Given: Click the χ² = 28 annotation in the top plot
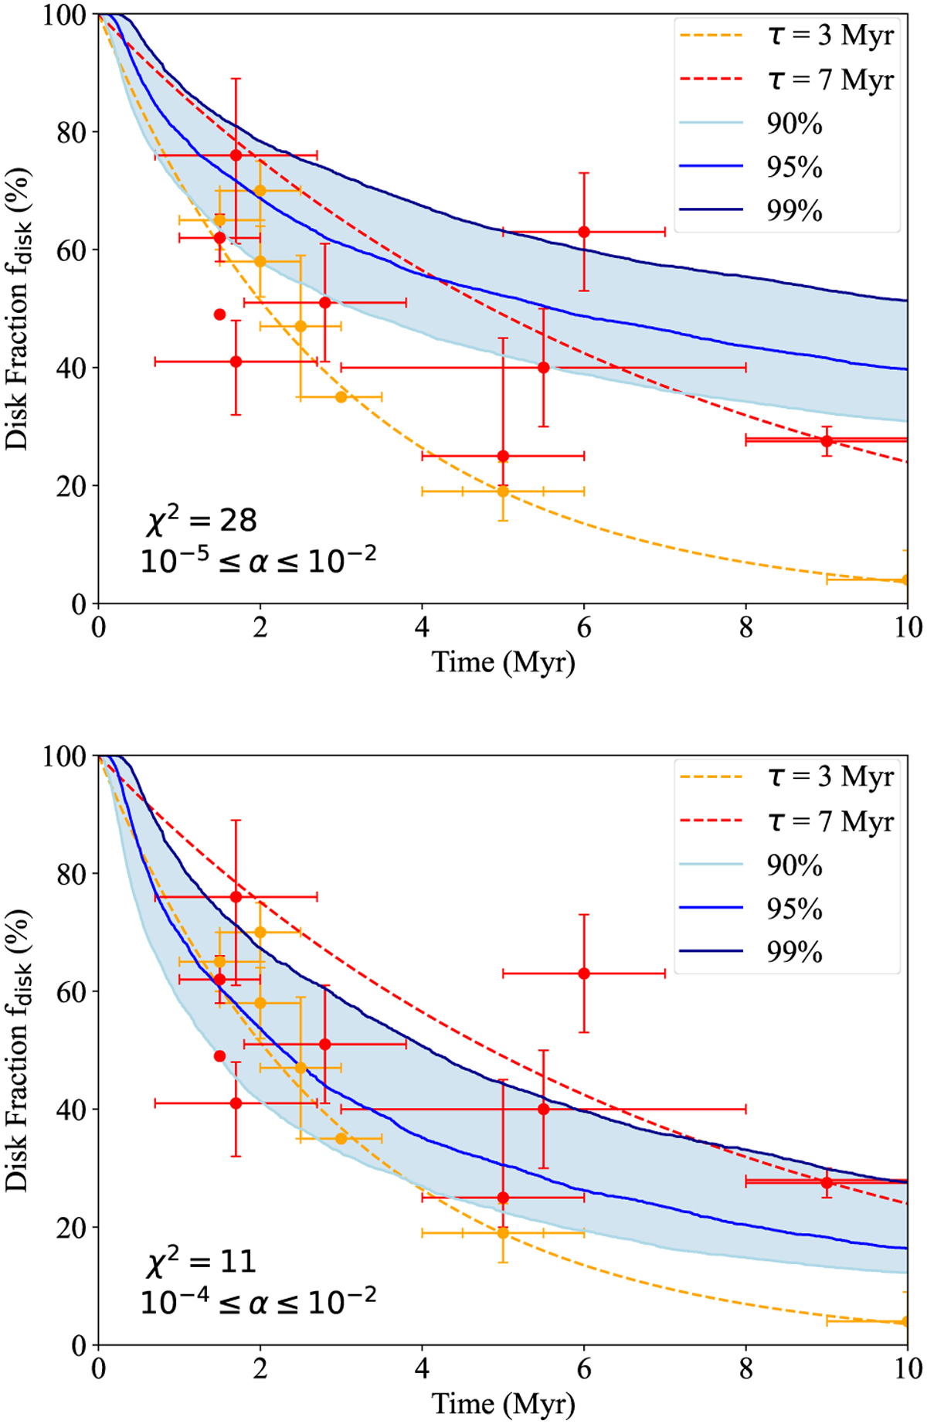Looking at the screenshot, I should coord(201,520).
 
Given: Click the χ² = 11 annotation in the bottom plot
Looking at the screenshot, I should coord(201,1262).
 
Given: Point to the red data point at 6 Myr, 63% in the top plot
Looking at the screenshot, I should coord(584,232).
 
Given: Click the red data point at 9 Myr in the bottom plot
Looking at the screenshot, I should coord(827,1182).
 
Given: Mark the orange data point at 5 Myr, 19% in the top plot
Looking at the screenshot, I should coord(503,491).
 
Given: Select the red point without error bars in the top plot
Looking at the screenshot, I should coord(219,314).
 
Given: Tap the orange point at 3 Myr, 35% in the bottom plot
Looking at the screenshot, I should coord(341,1138).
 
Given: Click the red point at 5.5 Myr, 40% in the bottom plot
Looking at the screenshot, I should coord(544,1109).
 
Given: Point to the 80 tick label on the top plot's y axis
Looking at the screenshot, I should coord(72,132).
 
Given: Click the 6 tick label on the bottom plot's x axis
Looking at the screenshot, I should coord(584,1369).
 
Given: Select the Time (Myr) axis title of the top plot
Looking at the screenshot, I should coord(503,663).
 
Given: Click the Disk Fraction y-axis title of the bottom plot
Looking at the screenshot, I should coord(19,1050).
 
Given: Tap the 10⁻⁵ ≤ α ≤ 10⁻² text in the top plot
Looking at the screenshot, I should coord(258,561).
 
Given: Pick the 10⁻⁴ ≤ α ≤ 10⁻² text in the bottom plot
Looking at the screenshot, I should coord(258,1303).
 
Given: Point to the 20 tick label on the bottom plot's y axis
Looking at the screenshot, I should coord(72,1228).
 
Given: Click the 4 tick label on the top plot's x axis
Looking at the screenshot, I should coord(422,627).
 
